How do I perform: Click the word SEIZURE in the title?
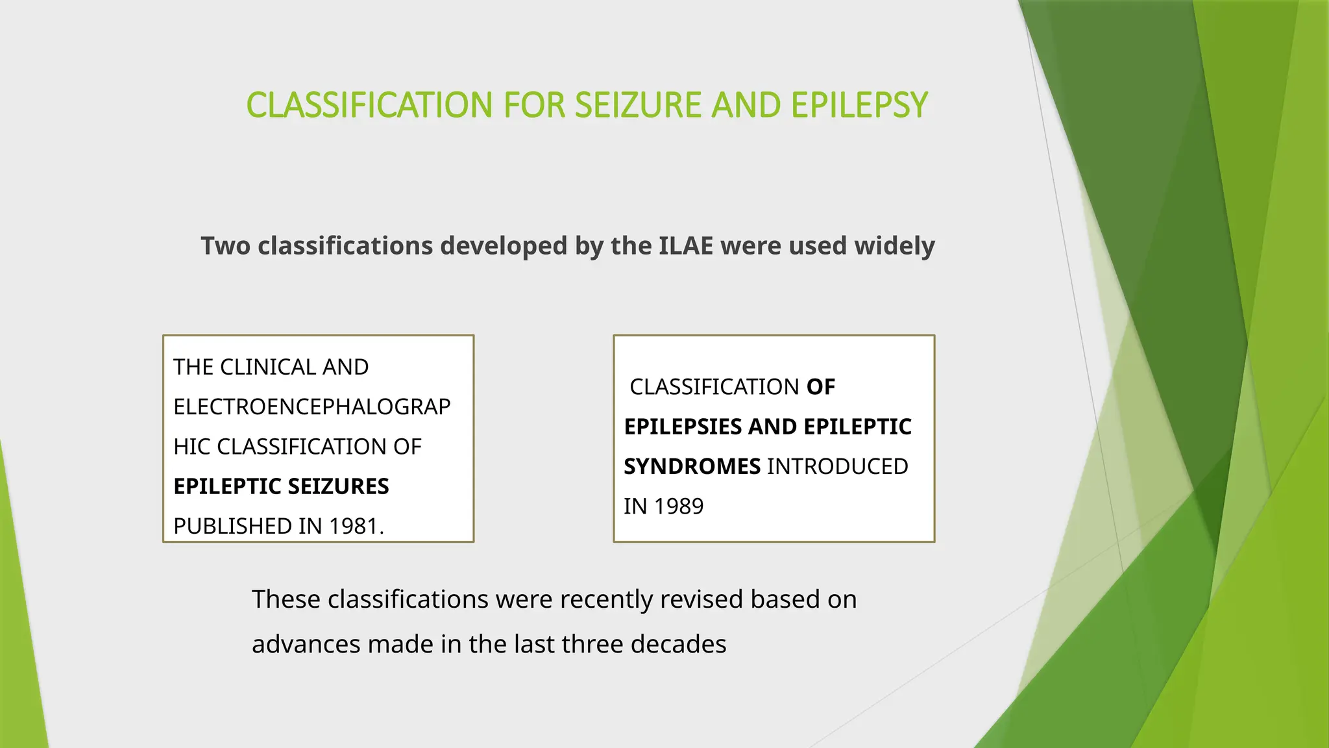tap(638, 105)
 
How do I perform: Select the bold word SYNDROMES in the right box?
tap(692, 466)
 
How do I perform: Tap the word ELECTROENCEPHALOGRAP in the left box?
tap(311, 407)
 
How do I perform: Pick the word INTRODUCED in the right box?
tap(837, 466)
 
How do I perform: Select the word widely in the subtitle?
tap(894, 246)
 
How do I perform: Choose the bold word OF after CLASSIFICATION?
tap(820, 387)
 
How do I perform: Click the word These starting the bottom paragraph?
tap(286, 599)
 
